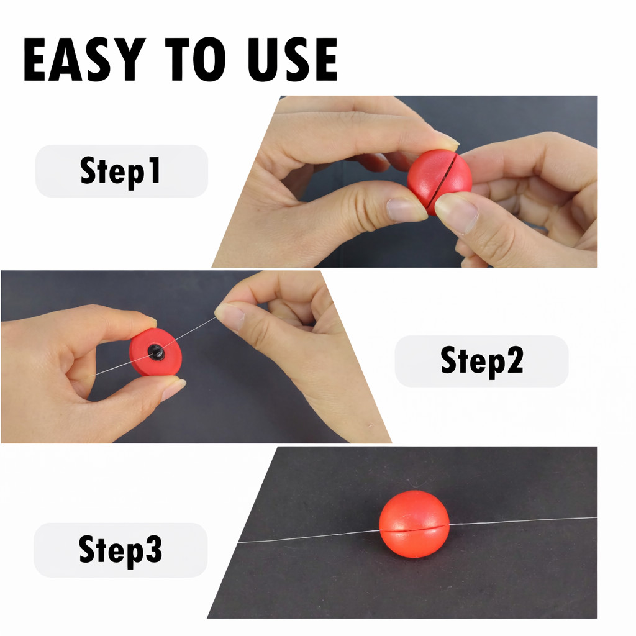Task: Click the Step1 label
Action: (x=121, y=171)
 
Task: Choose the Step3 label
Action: (x=120, y=550)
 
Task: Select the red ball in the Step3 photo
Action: (x=414, y=524)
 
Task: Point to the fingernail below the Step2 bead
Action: (x=173, y=389)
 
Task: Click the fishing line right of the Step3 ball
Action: (x=522, y=521)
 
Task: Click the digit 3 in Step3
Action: (x=154, y=550)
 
